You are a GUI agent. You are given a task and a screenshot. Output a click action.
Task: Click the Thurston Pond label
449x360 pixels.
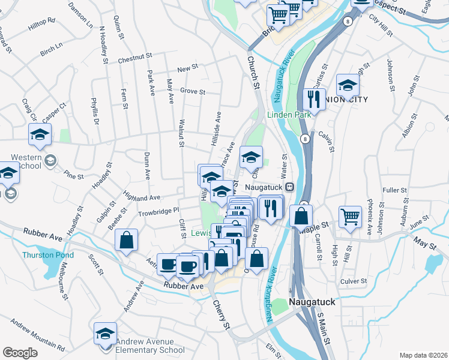click(x=48, y=255)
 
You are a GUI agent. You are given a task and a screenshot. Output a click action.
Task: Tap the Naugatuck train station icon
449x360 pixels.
click(x=289, y=187)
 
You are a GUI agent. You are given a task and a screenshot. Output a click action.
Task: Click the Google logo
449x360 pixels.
click(x=20, y=352)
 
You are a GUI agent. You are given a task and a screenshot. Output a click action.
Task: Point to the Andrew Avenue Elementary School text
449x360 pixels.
click(x=149, y=346)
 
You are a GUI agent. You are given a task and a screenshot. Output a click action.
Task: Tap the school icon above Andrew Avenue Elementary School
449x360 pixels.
click(x=106, y=334)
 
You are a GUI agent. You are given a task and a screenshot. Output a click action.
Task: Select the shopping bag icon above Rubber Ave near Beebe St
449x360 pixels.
click(x=127, y=241)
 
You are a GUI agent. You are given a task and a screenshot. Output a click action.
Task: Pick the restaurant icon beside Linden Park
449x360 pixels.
click(x=313, y=97)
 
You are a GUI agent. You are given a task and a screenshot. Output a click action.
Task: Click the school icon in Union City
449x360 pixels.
click(x=348, y=85)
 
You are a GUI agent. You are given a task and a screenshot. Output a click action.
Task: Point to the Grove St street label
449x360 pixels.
click(x=193, y=92)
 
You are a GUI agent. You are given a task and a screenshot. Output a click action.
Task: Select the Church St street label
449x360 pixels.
click(x=253, y=74)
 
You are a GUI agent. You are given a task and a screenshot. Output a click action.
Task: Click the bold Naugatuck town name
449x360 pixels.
click(x=312, y=302)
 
